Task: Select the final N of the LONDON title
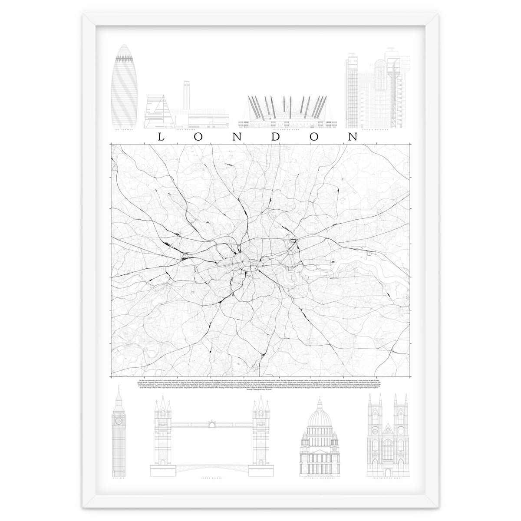click(x=353, y=137)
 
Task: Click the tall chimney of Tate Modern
click(x=188, y=91)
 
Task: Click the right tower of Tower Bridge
click(x=262, y=430)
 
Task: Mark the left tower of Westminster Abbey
click(x=373, y=430)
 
